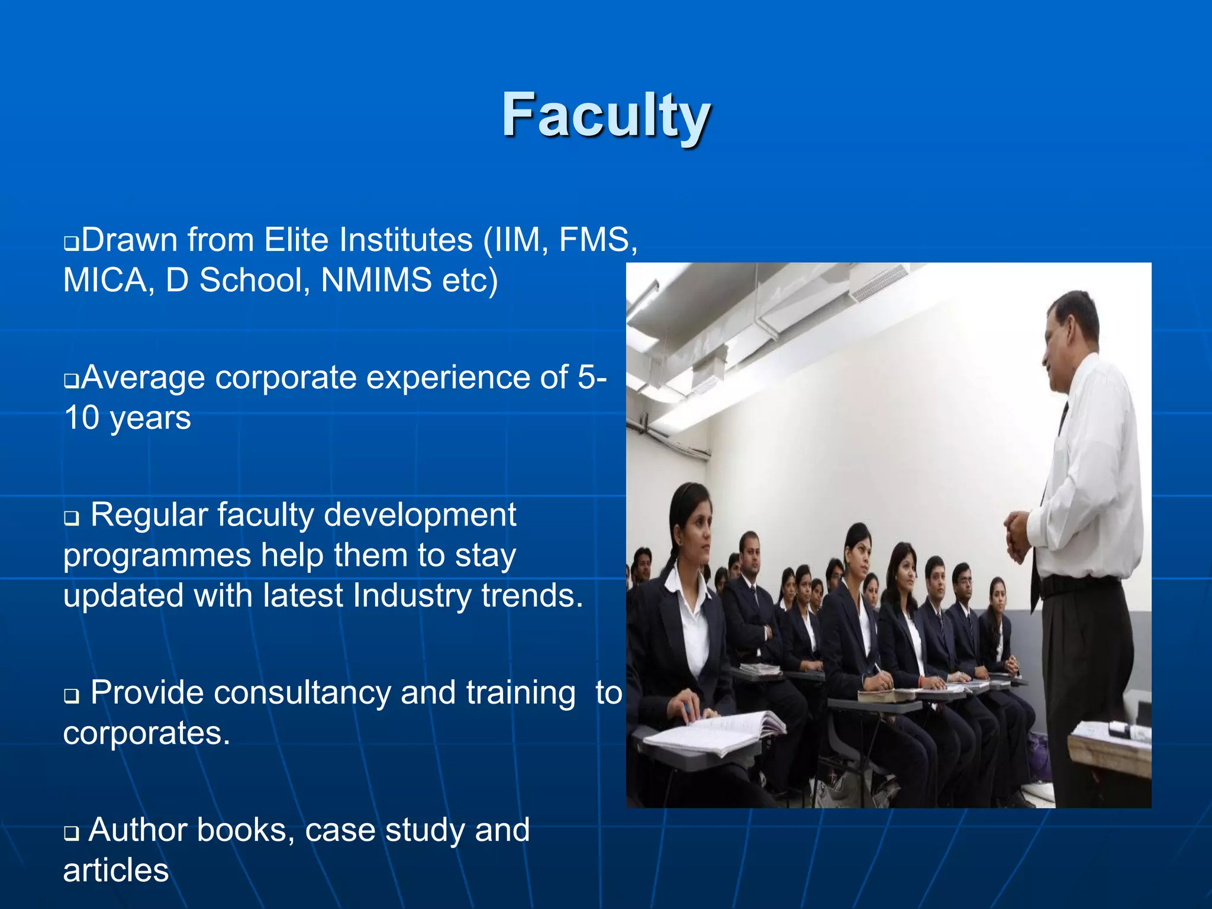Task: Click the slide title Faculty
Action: [x=606, y=115]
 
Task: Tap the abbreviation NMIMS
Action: [x=376, y=280]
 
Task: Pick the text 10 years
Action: [x=127, y=418]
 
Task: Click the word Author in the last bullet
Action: [x=138, y=830]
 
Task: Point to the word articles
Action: [x=116, y=871]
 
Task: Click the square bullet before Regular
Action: [x=71, y=518]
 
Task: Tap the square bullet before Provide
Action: [x=71, y=696]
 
